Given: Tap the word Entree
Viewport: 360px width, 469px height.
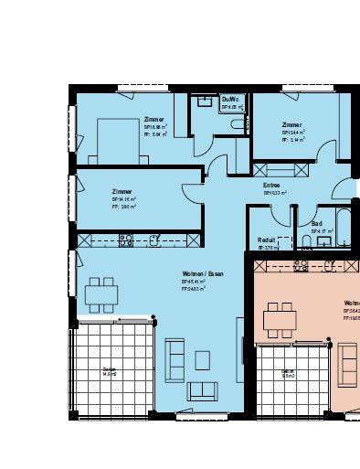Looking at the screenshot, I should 271,185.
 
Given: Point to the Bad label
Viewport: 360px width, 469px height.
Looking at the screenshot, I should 316,223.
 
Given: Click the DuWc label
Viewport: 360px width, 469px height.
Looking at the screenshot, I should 229,100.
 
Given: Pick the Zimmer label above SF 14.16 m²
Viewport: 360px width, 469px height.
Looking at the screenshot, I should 121,191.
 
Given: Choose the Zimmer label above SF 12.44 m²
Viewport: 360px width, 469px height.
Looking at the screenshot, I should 291,124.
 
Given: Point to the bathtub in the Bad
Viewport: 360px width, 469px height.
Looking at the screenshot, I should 343,222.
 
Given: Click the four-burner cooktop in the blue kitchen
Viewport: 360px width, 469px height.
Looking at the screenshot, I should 126,240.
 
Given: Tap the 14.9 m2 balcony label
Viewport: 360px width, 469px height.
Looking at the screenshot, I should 109,372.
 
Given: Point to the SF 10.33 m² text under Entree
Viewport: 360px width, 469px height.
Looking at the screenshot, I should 274,193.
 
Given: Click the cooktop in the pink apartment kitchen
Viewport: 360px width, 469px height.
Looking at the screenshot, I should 298,266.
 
